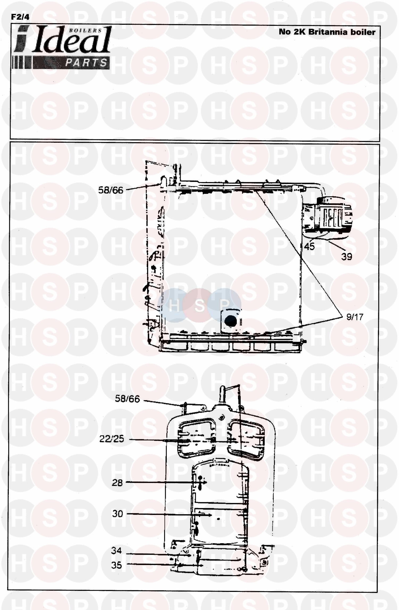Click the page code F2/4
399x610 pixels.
point(20,17)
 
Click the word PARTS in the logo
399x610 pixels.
point(86,63)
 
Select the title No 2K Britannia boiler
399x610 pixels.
point(327,32)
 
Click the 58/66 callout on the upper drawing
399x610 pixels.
point(111,190)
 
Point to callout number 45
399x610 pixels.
point(309,246)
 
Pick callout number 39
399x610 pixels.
point(347,256)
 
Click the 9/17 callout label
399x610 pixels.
point(355,317)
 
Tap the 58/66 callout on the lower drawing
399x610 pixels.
point(127,399)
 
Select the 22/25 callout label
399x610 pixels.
point(112,439)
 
